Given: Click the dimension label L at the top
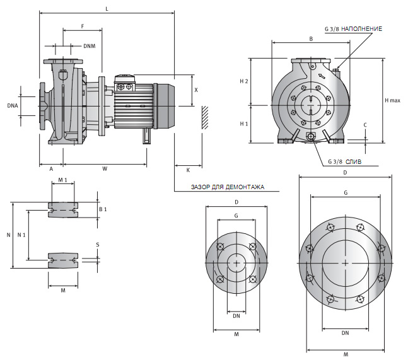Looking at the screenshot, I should point(107,9).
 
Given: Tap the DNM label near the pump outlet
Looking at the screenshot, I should point(90,45).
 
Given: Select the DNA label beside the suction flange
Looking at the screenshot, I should point(13,105).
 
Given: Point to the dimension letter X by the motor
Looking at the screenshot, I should point(196,90).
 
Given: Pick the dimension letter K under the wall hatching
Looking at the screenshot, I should point(188,170).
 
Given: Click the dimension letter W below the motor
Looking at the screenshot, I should point(105,168).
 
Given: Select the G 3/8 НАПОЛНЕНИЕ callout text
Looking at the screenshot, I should point(353,29).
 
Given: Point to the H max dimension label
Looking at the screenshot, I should point(393,101).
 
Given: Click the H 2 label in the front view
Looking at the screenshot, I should point(244,82).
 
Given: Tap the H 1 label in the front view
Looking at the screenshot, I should point(244,124).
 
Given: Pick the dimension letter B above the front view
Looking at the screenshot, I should point(311,39).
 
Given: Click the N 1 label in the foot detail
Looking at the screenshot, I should point(22,235).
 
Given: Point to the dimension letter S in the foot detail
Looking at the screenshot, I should point(98,245).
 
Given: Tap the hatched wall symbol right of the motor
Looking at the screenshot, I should point(204,117).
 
